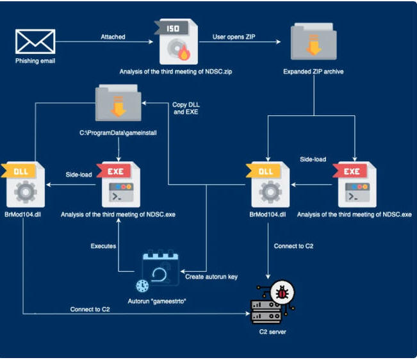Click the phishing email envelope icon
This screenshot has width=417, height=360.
click(35, 42)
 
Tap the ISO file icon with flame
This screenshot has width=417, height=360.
click(176, 42)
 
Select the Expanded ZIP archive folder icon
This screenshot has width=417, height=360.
click(313, 42)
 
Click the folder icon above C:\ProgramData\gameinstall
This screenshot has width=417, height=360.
click(119, 102)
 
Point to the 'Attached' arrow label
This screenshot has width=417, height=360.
click(113, 37)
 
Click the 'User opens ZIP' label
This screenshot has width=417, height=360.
click(234, 37)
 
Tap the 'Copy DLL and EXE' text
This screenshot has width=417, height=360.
click(186, 108)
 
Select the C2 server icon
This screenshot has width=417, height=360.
click(273, 302)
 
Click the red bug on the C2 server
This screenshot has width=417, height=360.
click(282, 293)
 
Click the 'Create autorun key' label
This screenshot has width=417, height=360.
click(211, 277)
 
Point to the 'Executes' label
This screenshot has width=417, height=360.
click(103, 246)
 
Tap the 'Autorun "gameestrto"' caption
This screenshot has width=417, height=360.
click(157, 301)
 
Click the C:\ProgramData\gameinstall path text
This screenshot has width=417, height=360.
click(118, 133)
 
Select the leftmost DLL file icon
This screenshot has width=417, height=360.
click(23, 184)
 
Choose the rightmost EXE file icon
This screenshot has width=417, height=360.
click(354, 184)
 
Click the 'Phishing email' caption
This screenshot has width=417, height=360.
click(35, 61)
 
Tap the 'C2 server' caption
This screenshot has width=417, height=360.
click(273, 332)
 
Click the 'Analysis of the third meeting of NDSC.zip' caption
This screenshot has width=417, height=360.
click(176, 72)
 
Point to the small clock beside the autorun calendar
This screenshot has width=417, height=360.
click(142, 286)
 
